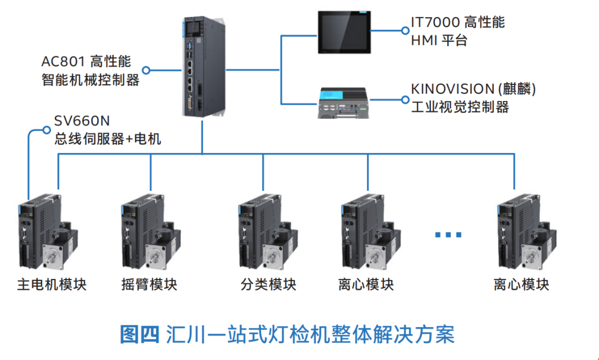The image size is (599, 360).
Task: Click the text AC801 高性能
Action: [87, 60]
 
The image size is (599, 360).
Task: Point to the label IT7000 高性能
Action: [458, 22]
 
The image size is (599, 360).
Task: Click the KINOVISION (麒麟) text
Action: [473, 89]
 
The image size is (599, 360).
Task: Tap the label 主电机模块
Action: [52, 285]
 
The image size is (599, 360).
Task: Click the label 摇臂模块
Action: [149, 285]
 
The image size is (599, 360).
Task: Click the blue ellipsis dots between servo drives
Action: [448, 235]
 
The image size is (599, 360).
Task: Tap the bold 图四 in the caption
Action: [140, 334]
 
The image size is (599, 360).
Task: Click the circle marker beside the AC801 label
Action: [146, 70]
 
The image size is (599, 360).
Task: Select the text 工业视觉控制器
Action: [460, 107]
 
